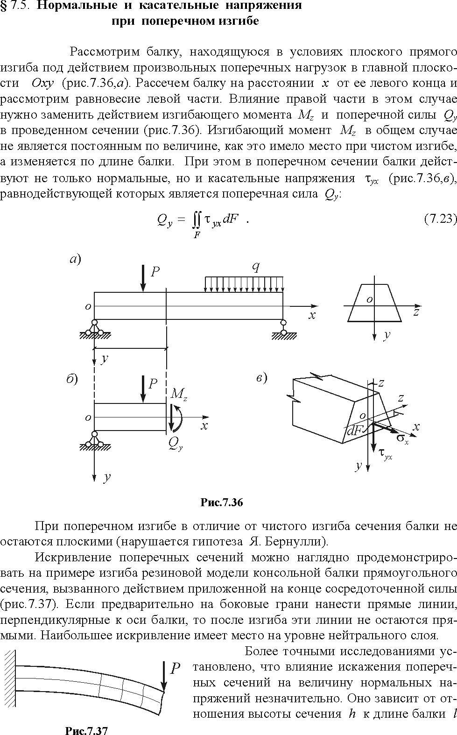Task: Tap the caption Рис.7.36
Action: click(x=222, y=502)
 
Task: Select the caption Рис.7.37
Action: click(x=87, y=730)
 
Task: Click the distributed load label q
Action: click(x=255, y=268)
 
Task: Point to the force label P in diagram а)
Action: click(x=155, y=272)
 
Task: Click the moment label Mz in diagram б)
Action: click(x=179, y=394)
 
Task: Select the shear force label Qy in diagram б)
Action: click(x=176, y=444)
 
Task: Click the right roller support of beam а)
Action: click(x=284, y=330)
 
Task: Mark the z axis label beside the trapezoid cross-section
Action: click(x=416, y=312)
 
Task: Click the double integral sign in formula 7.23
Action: click(x=196, y=221)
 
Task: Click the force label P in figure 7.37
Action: click(x=175, y=668)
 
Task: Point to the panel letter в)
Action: click(x=261, y=378)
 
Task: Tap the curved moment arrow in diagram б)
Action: click(x=180, y=418)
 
